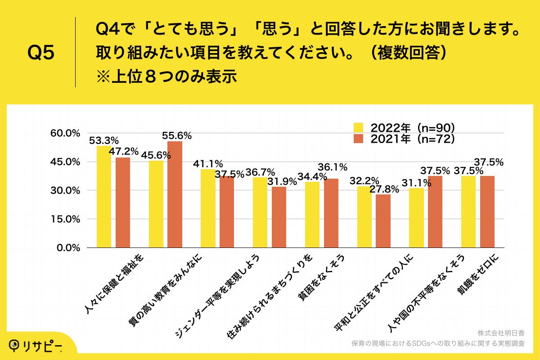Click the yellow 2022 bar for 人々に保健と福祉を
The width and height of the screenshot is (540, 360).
pyautogui.click(x=103, y=197)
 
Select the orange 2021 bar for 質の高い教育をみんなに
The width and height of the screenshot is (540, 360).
pyautogui.click(x=175, y=194)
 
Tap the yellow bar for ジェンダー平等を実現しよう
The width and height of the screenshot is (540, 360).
pyautogui.click(x=208, y=208)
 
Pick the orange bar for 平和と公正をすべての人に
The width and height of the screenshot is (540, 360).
pyautogui.click(x=383, y=221)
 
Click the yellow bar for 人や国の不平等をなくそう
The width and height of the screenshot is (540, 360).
pyautogui.click(x=416, y=218)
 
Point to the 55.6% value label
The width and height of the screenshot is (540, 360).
pyautogui.click(x=177, y=135)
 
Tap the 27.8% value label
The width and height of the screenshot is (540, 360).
pyautogui.click(x=384, y=189)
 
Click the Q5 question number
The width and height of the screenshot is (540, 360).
pyautogui.click(x=41, y=53)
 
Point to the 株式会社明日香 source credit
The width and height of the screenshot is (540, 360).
pyautogui.click(x=500, y=333)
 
